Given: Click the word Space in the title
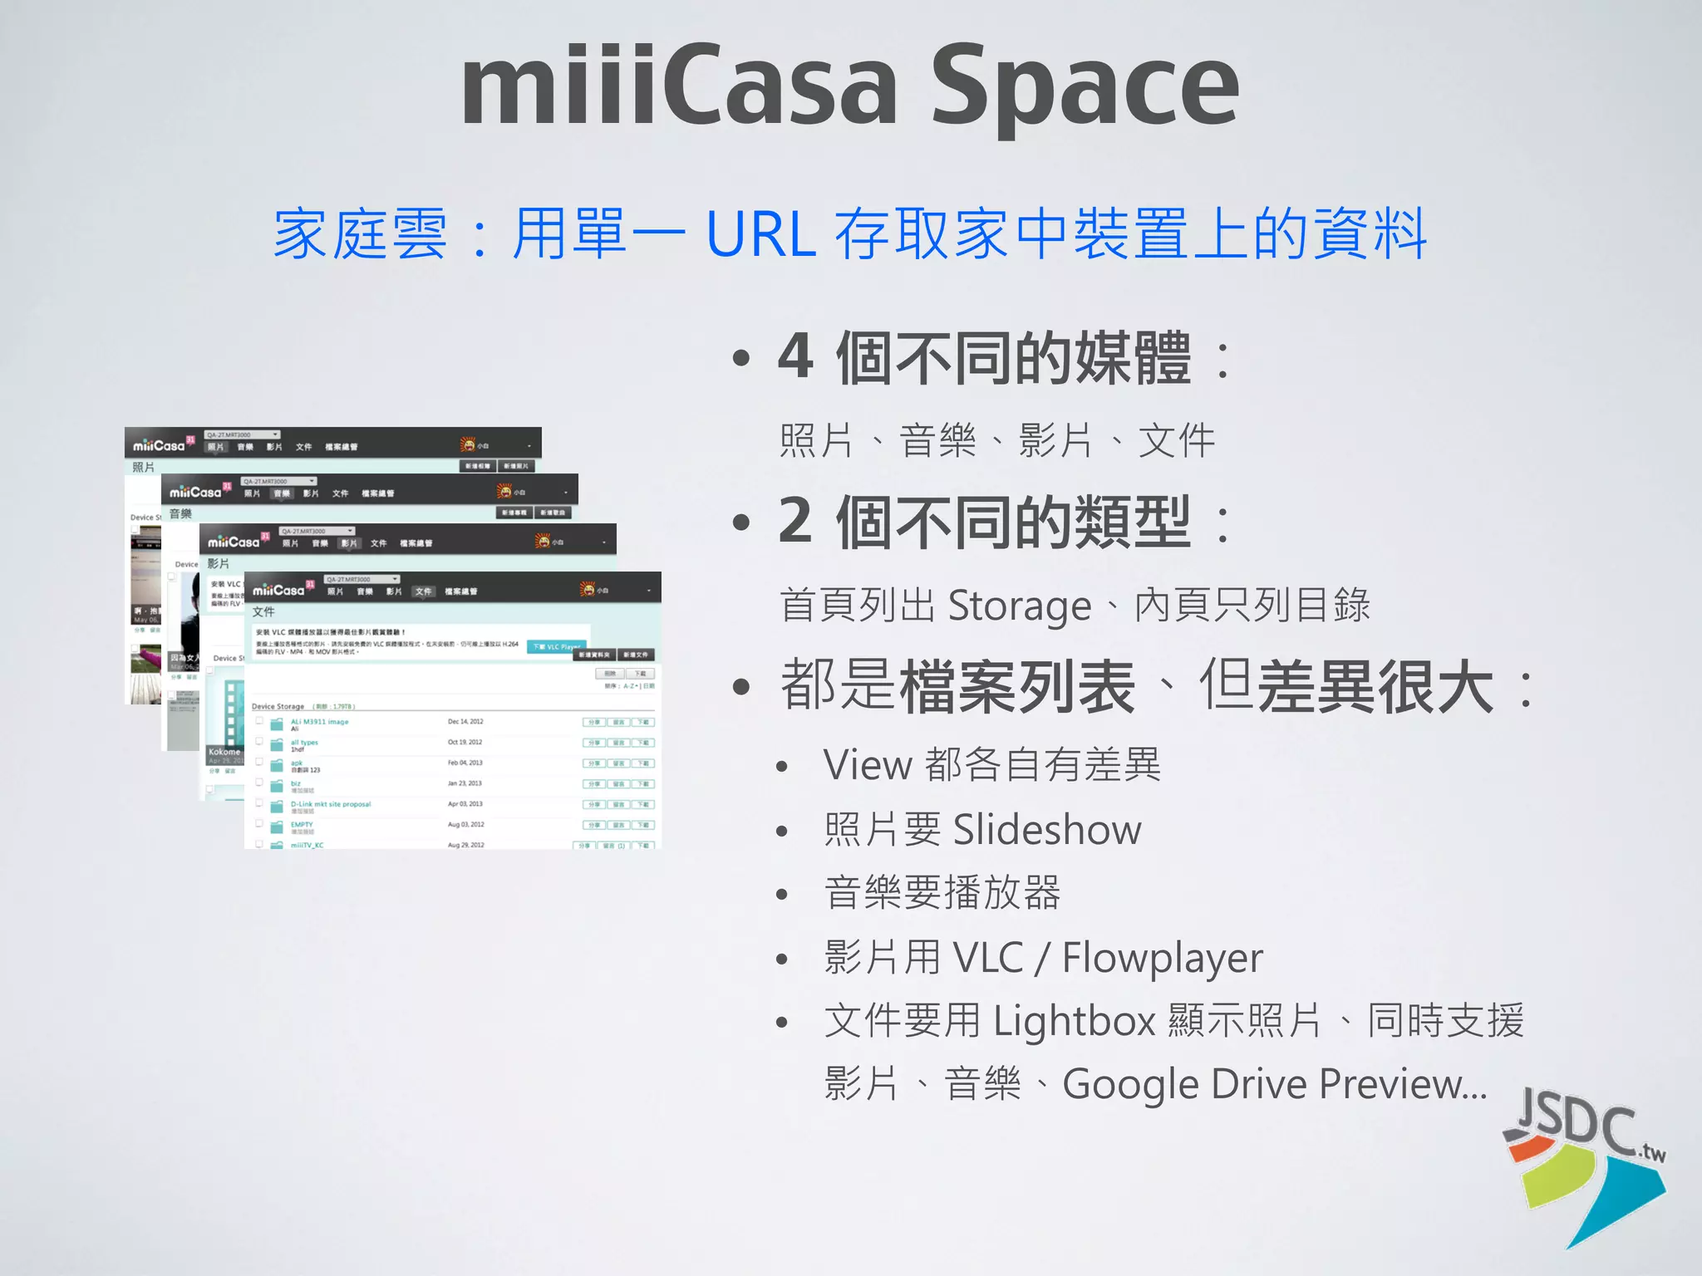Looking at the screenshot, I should [x=1085, y=87].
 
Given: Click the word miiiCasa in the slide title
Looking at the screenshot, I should [x=679, y=87].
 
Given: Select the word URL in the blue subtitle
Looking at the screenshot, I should [x=760, y=234].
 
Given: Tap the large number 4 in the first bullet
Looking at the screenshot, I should [x=795, y=356].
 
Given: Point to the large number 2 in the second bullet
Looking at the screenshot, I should [x=795, y=521].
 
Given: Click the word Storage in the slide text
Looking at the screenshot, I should [x=1019, y=606].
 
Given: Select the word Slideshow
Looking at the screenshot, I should [x=1047, y=830].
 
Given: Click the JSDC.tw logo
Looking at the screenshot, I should [x=1584, y=1163].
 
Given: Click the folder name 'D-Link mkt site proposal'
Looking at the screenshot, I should [x=331, y=804].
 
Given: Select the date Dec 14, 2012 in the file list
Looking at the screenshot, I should [x=465, y=721].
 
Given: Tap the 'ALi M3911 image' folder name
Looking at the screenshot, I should [x=320, y=722].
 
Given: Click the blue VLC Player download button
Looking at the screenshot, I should [x=557, y=646].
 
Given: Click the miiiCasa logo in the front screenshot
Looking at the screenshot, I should [x=278, y=590].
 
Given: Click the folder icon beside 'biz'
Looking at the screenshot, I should [x=277, y=785].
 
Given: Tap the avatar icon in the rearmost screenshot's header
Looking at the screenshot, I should [x=467, y=445].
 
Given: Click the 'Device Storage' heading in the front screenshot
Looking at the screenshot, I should [x=278, y=706].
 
